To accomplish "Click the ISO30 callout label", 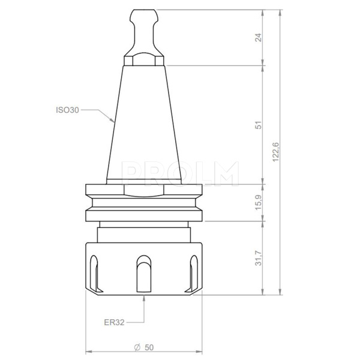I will (67, 110).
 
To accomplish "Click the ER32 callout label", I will (113, 322).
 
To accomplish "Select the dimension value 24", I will (259, 37).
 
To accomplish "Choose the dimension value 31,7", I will (259, 259).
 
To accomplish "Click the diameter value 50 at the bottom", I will (148, 347).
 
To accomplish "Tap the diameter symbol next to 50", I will (137, 347).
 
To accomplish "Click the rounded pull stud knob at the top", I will (143, 15).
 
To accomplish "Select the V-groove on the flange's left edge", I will (88, 203).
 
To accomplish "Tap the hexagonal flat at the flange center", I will (143, 190).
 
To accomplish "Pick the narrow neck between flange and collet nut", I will (143, 231).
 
